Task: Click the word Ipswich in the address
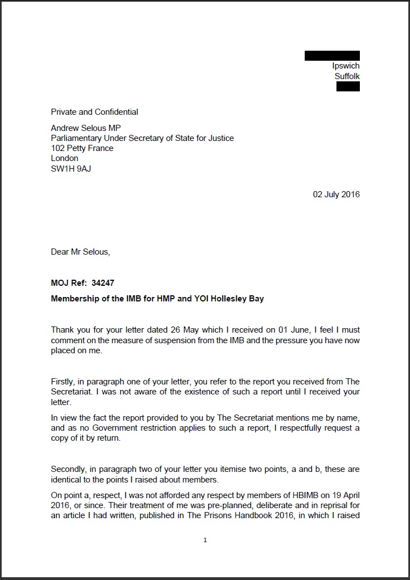click(x=346, y=66)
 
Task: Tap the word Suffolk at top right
click(x=347, y=76)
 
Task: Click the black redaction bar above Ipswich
click(x=332, y=56)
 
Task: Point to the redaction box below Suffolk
click(x=348, y=86)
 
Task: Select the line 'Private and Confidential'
click(x=95, y=112)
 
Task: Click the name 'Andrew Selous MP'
click(x=86, y=128)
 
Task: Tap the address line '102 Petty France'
click(x=82, y=148)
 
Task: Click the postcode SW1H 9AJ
click(x=71, y=168)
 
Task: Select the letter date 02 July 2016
click(x=336, y=194)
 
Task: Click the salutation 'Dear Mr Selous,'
click(x=81, y=252)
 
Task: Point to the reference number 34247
click(x=104, y=283)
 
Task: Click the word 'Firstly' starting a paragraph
click(x=64, y=382)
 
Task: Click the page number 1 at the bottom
click(x=205, y=540)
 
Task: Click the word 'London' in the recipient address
click(x=65, y=158)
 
